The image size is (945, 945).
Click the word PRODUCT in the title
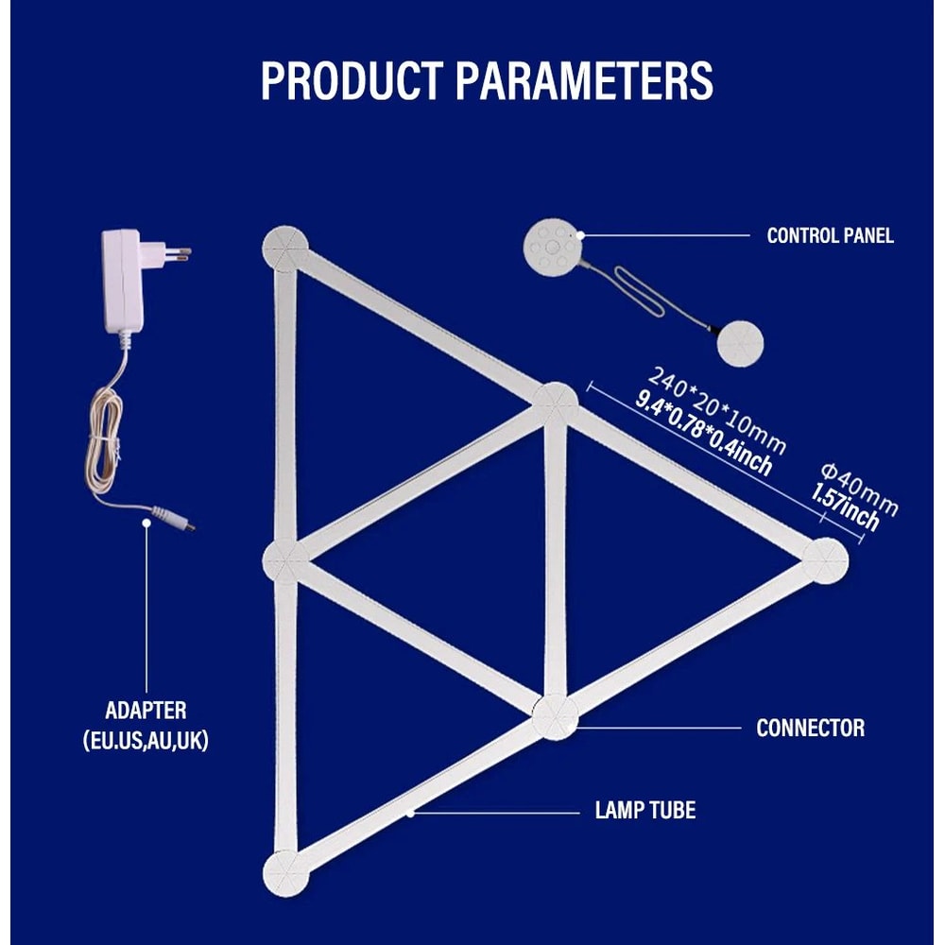tap(352, 80)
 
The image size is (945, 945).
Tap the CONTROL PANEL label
tap(830, 235)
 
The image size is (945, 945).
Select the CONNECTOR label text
tap(810, 728)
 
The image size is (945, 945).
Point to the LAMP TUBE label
tap(644, 810)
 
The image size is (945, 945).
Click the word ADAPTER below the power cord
tap(146, 710)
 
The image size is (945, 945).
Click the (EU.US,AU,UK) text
tap(146, 740)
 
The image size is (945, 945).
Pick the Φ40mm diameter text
tap(859, 489)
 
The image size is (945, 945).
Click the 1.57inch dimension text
tap(845, 507)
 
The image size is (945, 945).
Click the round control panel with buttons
tap(553, 247)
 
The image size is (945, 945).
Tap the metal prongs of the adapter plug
tap(179, 254)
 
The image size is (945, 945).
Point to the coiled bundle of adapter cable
tap(105, 440)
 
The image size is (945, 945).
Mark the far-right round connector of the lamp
tap(825, 561)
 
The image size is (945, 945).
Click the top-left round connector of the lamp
tap(285, 249)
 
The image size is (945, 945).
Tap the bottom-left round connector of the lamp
tap(285, 873)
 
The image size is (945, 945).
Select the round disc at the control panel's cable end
tap(740, 344)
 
